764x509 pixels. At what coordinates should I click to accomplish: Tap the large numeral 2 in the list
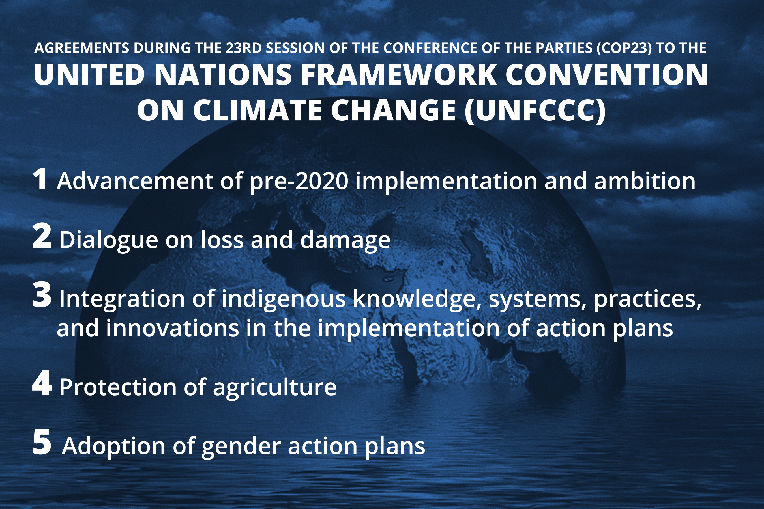coord(42,236)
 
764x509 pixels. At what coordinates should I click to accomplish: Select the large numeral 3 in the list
coord(42,295)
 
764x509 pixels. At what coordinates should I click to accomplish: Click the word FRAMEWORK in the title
coord(399,75)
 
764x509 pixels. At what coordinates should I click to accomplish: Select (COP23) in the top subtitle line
coord(624,48)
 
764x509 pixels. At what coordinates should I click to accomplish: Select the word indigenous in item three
coord(284,299)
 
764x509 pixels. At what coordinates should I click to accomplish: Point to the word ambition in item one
coord(645,180)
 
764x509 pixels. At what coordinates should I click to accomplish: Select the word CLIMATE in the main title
coord(258,110)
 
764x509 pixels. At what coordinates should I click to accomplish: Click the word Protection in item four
coord(118,387)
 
